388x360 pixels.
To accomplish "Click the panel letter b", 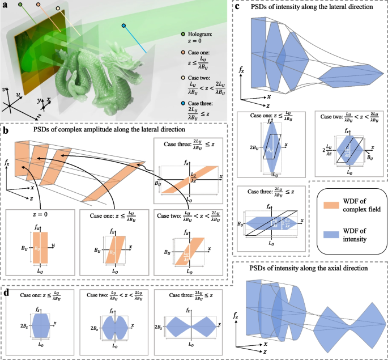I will click(x=5, y=130).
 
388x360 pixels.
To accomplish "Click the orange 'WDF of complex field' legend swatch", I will click(x=331, y=204).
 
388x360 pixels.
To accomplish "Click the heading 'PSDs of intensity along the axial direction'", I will click(x=310, y=268).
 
